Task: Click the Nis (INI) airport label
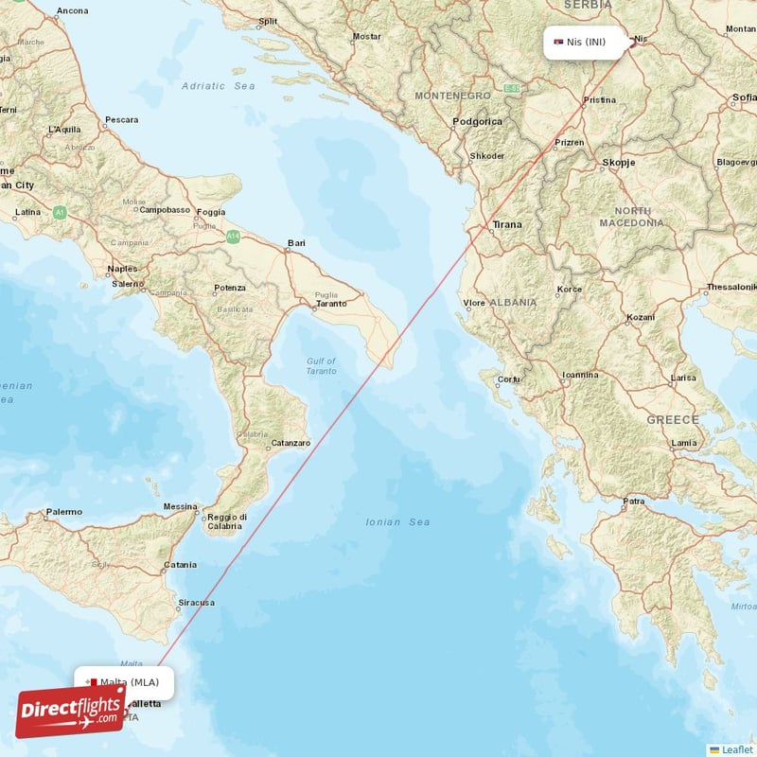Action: [x=587, y=42]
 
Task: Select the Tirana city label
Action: [x=506, y=224]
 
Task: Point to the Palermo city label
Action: [x=63, y=512]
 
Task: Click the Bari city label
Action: [x=297, y=243]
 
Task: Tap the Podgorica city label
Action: [x=477, y=121]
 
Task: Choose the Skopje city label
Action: [x=618, y=163]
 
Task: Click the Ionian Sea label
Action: [x=397, y=521]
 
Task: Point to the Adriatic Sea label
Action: [x=219, y=85]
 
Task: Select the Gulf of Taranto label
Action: [x=322, y=365]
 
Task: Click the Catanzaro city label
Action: [x=290, y=443]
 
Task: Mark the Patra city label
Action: [x=634, y=501]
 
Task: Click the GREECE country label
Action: [x=673, y=418]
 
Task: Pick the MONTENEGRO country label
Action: [x=452, y=96]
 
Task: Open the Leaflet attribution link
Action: [x=736, y=749]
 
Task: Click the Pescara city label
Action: [x=121, y=120]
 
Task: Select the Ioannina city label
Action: [x=579, y=375]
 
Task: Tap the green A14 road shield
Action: [x=233, y=237]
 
